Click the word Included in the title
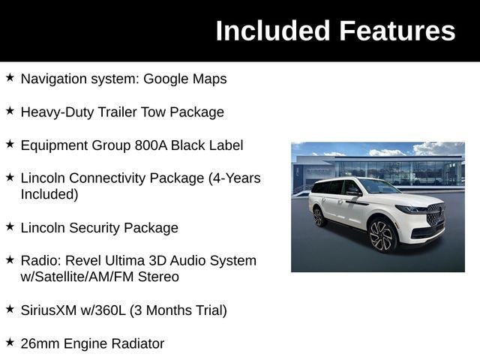272,31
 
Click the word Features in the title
397,31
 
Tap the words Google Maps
185,79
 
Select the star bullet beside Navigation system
10,77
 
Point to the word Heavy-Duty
57,112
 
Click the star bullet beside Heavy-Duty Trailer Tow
10,110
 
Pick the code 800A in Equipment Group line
151,145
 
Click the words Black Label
207,145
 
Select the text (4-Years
235,178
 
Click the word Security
94,228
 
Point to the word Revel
83,261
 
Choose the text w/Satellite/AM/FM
76,277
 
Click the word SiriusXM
48,310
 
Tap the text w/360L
103,310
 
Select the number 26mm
40,343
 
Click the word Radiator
138,343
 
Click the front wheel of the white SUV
382,235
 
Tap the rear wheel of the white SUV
319,217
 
